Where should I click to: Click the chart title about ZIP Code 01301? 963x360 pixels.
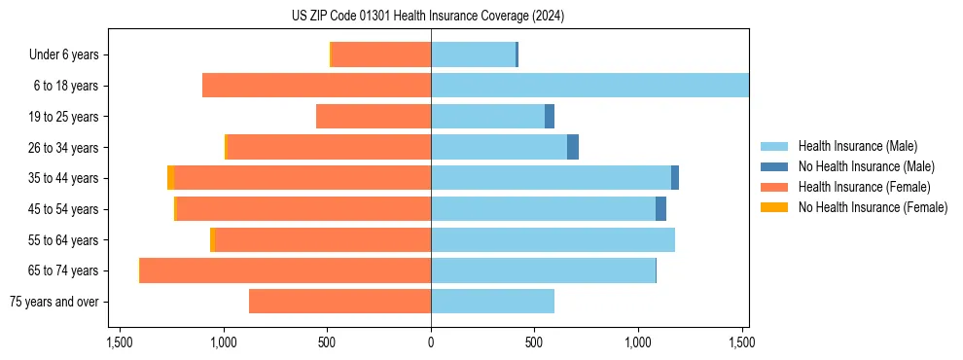coord(427,17)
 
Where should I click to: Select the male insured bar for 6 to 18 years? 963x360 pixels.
coord(589,86)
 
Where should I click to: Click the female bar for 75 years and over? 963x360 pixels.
coord(339,302)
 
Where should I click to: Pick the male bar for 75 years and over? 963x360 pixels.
coord(492,302)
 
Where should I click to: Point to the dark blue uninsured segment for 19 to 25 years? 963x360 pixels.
coord(550,117)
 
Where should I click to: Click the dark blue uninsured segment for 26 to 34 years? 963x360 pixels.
coord(573,147)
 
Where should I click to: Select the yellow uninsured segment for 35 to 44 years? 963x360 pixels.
coord(171,178)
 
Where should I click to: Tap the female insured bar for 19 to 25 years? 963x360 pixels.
coord(374,117)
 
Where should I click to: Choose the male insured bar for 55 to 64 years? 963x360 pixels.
coord(553,239)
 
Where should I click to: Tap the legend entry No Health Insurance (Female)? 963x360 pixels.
coord(873,207)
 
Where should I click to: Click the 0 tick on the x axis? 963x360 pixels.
coord(431,342)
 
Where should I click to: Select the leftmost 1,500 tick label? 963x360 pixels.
coord(120,342)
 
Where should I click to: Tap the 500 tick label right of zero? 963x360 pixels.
coord(534,342)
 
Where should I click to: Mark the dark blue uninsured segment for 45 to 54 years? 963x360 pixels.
coord(660,209)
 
